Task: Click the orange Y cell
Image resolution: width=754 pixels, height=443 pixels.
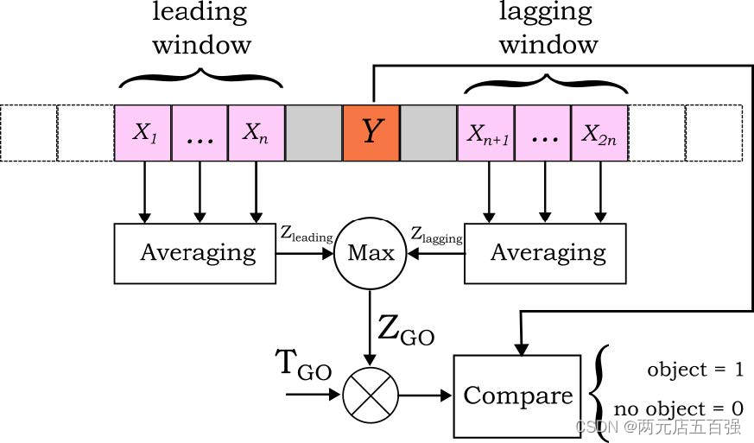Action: pyautogui.click(x=371, y=133)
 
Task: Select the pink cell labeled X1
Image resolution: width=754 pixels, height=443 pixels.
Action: pyautogui.click(x=143, y=133)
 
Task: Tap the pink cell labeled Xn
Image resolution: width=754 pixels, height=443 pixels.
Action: pyautogui.click(x=257, y=133)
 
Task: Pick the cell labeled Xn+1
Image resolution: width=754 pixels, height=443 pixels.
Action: pyautogui.click(x=486, y=133)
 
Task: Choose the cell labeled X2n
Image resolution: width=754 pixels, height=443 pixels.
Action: pyautogui.click(x=599, y=133)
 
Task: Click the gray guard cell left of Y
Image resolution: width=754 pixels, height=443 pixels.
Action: pyautogui.click(x=314, y=133)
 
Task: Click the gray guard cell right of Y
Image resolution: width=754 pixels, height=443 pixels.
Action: pyautogui.click(x=428, y=133)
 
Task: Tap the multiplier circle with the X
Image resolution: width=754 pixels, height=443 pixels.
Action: pyautogui.click(x=371, y=396)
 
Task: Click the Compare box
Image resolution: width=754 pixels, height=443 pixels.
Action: pyautogui.click(x=517, y=396)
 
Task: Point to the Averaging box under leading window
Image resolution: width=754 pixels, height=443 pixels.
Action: pyautogui.click(x=194, y=254)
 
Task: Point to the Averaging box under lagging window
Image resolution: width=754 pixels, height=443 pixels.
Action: pyautogui.click(x=545, y=254)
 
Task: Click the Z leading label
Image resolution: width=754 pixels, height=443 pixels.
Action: pyautogui.click(x=307, y=234)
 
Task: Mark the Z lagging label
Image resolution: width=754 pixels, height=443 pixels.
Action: pyautogui.click(x=437, y=235)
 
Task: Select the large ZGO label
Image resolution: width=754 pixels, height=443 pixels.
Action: pyautogui.click(x=406, y=331)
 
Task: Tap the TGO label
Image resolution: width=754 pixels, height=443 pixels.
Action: pyautogui.click(x=303, y=365)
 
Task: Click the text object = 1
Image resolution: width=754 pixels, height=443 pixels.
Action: pyautogui.click(x=695, y=370)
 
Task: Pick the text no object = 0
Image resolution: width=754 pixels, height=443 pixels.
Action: pyautogui.click(x=679, y=408)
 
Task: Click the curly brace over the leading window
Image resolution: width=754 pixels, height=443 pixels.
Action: pyautogui.click(x=200, y=79)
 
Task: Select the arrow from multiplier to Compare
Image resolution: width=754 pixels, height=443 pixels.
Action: pyautogui.click(x=426, y=396)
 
